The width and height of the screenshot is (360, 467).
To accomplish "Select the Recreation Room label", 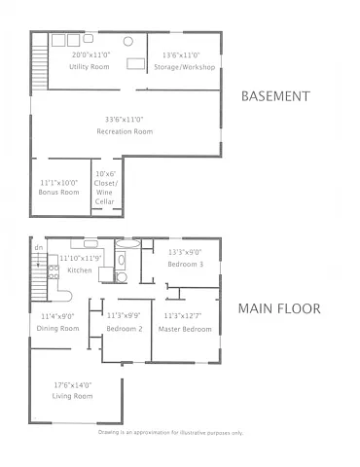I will [126, 130].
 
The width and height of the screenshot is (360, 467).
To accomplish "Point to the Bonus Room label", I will [59, 193].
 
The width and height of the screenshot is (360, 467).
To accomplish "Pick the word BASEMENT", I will [274, 96].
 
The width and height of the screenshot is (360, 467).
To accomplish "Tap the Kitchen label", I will [81, 269].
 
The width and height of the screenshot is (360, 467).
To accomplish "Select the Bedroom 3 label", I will [185, 264].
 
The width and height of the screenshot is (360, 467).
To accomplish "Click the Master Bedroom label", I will [185, 329].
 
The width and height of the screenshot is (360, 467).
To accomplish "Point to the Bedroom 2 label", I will [125, 329].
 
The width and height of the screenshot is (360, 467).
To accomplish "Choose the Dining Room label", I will [59, 329].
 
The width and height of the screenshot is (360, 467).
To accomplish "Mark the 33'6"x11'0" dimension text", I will [126, 120].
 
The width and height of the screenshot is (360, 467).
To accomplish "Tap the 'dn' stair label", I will [39, 248].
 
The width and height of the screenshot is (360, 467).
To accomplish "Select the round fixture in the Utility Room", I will [89, 40].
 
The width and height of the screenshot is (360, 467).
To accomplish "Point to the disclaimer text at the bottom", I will [169, 432].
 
